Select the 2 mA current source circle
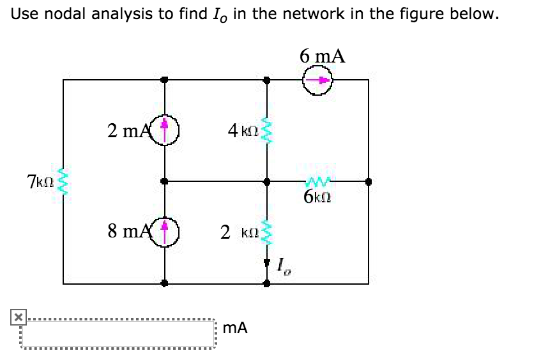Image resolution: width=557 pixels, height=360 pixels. click(x=165, y=131)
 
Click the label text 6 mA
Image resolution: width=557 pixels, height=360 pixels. click(x=323, y=56)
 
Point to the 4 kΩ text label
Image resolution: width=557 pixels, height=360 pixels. click(x=243, y=131)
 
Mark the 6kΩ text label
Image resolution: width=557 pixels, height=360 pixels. click(x=317, y=197)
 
